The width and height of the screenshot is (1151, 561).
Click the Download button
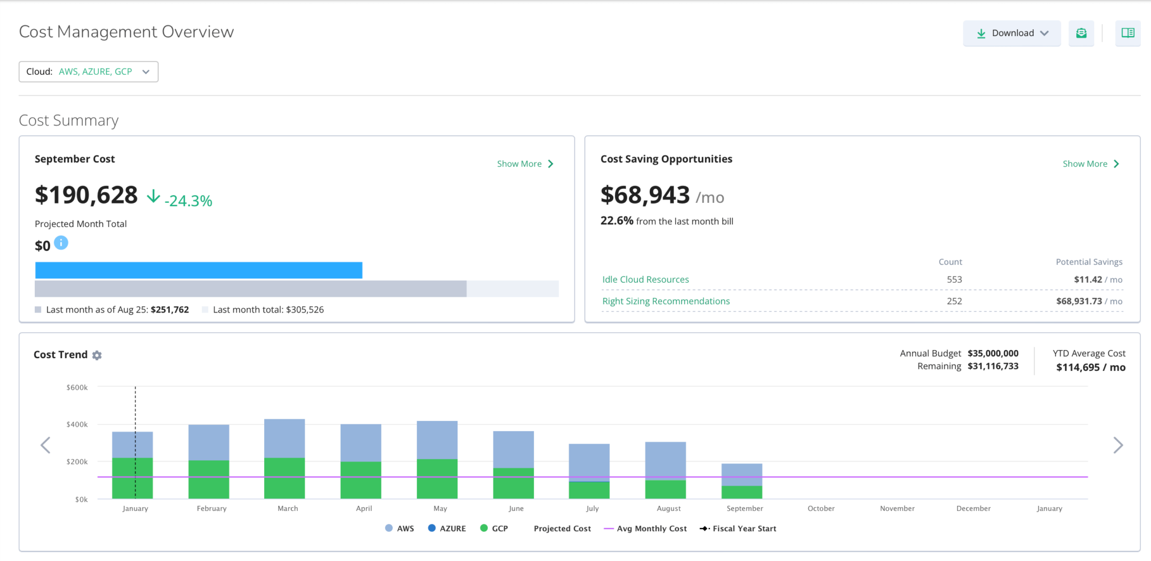click(1011, 33)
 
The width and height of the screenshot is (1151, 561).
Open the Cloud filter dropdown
click(89, 72)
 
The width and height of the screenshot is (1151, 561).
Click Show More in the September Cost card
click(525, 164)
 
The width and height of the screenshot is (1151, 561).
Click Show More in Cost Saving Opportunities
click(1090, 164)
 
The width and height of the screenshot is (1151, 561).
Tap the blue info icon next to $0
click(61, 243)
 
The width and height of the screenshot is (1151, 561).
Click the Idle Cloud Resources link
click(645, 279)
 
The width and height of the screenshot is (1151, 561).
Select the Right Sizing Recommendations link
click(665, 301)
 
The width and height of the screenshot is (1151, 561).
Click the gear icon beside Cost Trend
click(97, 355)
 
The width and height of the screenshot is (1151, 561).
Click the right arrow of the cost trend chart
click(1118, 445)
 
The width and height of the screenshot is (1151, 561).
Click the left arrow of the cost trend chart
click(46, 445)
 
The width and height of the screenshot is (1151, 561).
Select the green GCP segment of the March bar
click(284, 478)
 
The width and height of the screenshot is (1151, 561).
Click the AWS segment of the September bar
click(742, 474)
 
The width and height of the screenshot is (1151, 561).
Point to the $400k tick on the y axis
click(77, 424)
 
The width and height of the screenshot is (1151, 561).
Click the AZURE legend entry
click(447, 528)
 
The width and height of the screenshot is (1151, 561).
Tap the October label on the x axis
click(821, 508)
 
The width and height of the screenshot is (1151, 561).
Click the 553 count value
click(954, 279)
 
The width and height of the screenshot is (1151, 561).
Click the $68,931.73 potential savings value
click(1079, 301)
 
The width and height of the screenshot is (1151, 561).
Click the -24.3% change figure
click(188, 201)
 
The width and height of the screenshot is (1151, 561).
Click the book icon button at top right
click(1127, 33)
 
